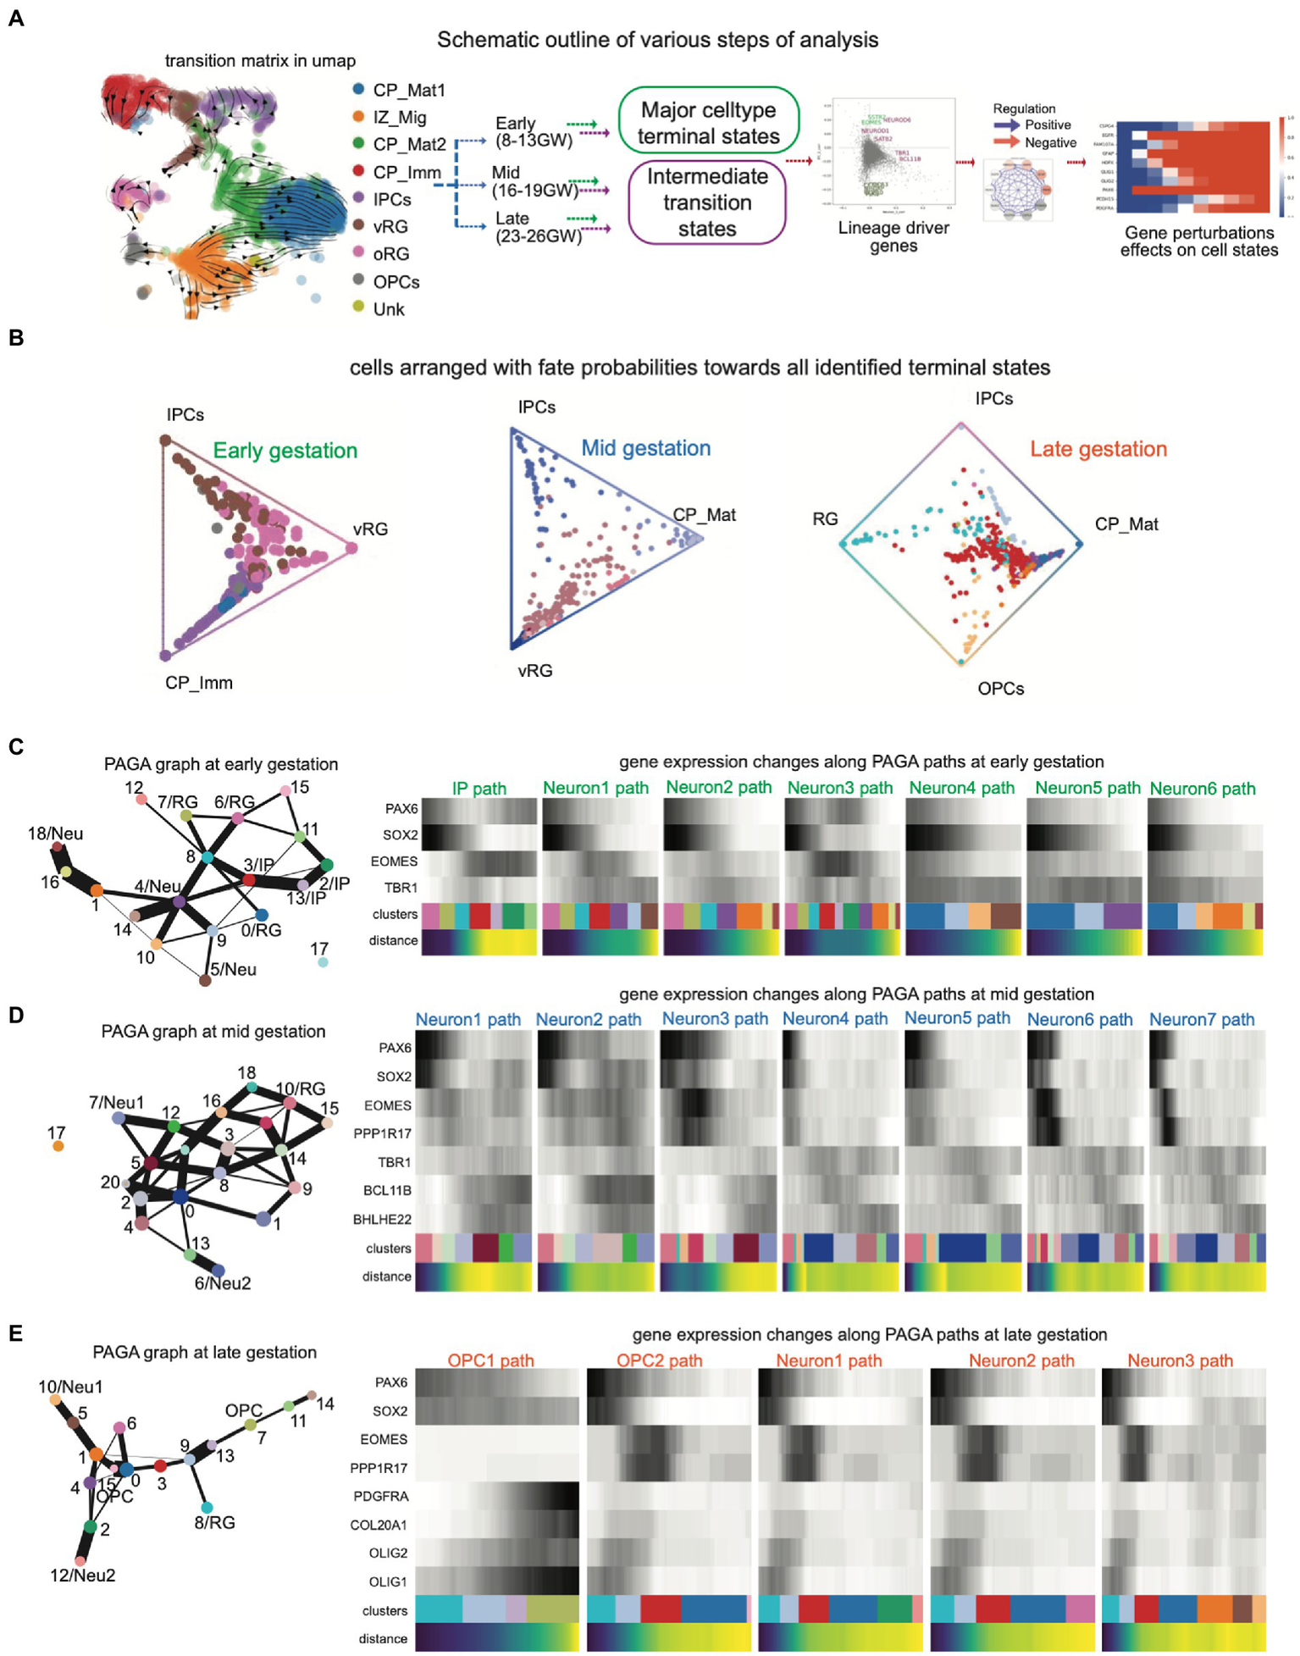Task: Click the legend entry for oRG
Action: pyautogui.click(x=390, y=254)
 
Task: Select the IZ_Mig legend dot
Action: pyautogui.click(x=359, y=117)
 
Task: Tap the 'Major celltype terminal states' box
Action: pyautogui.click(x=708, y=123)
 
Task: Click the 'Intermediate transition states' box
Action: pyautogui.click(x=707, y=202)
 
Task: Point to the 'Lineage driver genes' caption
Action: pyautogui.click(x=893, y=236)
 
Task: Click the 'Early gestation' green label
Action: pyautogui.click(x=285, y=451)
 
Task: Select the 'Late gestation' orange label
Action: pyautogui.click(x=1098, y=449)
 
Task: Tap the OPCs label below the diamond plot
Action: pyautogui.click(x=1000, y=689)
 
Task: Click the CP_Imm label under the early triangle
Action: pyautogui.click(x=198, y=683)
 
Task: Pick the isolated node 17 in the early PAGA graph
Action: pyautogui.click(x=322, y=962)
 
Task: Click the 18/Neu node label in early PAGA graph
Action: pyautogui.click(x=55, y=834)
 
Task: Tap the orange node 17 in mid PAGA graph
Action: pyautogui.click(x=58, y=1146)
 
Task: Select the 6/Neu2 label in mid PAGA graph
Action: pyautogui.click(x=223, y=1283)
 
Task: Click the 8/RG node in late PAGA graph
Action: pyautogui.click(x=207, y=1507)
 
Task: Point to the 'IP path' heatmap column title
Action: pyautogui.click(x=479, y=789)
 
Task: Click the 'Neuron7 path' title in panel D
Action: pyautogui.click(x=1201, y=1020)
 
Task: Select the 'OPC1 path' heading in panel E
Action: pyautogui.click(x=490, y=1360)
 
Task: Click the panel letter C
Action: pyautogui.click(x=15, y=747)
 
